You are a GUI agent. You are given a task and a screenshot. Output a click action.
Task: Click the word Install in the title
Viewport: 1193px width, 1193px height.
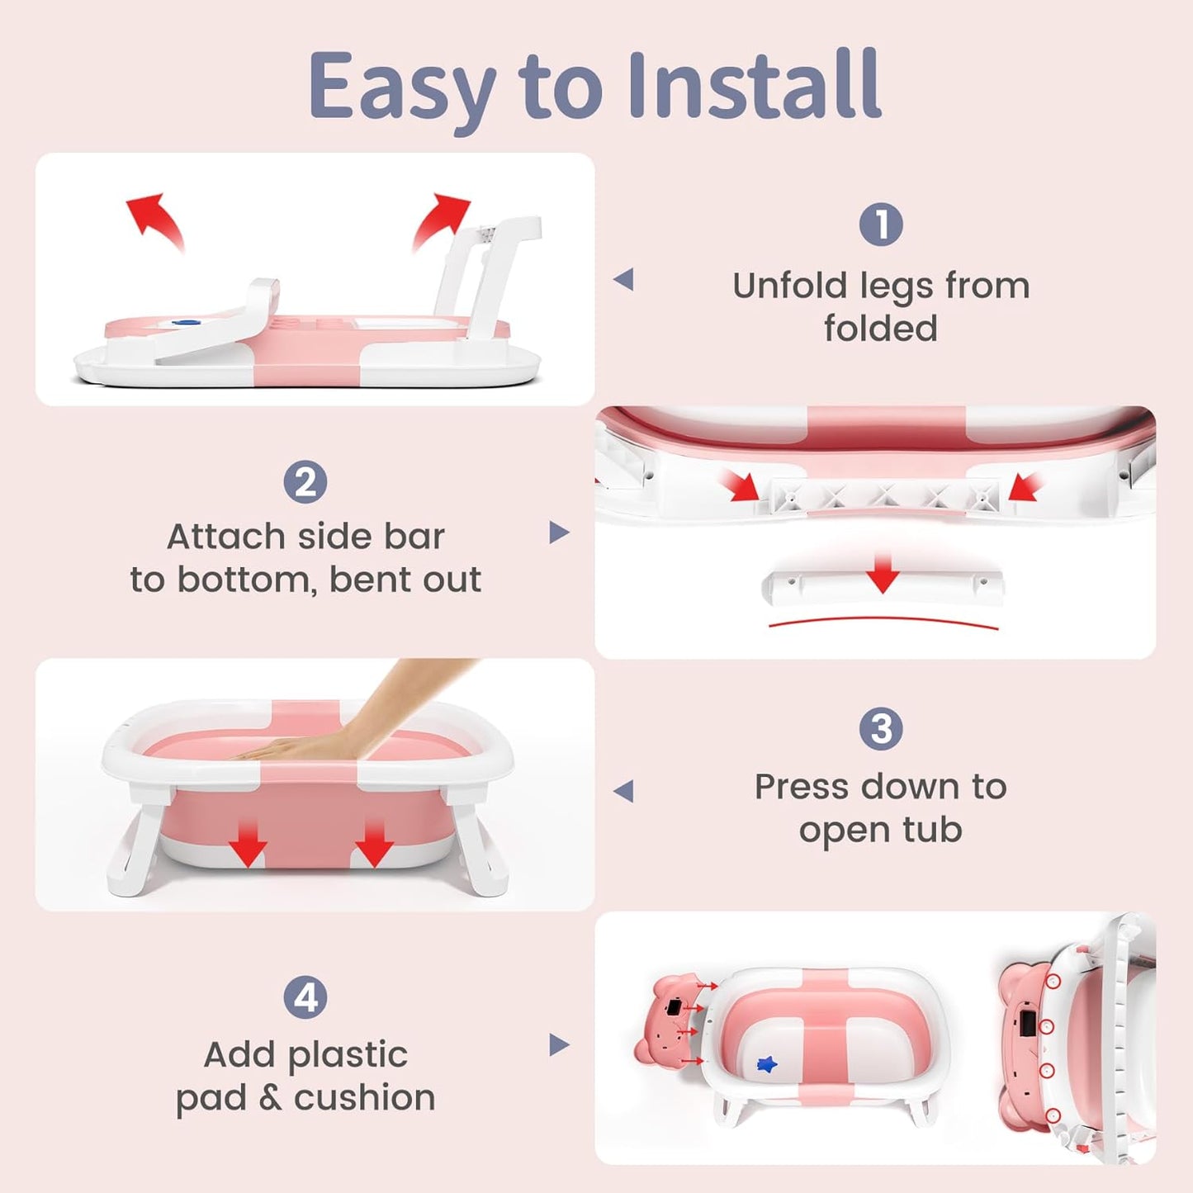pos(754,85)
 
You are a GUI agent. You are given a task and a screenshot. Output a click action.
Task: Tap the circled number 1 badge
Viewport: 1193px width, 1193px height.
pos(881,225)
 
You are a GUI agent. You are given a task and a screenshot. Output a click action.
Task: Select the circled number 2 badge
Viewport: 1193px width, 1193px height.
pos(305,482)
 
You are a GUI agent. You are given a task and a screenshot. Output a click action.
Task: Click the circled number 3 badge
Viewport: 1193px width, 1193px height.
pos(881,729)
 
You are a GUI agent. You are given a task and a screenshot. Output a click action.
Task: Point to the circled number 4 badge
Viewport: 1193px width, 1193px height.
pos(305,997)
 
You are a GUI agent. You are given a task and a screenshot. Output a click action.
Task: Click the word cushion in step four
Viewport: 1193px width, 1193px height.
pos(364,1098)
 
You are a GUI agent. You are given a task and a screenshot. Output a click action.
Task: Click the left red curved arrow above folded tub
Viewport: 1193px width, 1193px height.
pos(156,219)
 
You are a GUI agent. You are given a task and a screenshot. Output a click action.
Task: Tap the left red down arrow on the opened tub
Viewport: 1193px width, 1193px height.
pos(248,844)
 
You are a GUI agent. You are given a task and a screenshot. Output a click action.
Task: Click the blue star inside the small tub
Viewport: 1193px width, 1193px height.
pos(767,1065)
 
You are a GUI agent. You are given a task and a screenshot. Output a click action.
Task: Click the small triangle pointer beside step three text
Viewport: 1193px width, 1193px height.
pos(624,791)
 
